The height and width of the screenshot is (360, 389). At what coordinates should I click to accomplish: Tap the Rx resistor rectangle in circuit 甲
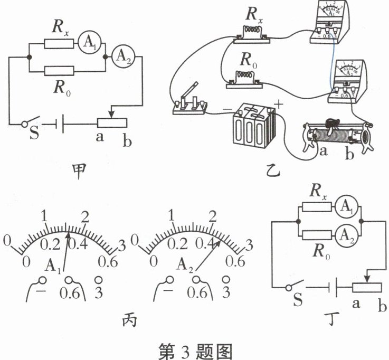(x=59, y=42)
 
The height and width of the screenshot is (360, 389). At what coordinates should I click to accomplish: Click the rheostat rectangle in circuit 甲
(x=111, y=123)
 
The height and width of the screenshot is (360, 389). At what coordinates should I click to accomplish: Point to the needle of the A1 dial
(x=65, y=248)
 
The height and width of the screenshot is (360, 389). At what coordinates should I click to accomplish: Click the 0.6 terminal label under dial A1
(x=71, y=291)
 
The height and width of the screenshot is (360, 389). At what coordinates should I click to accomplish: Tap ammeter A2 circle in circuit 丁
(x=345, y=233)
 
